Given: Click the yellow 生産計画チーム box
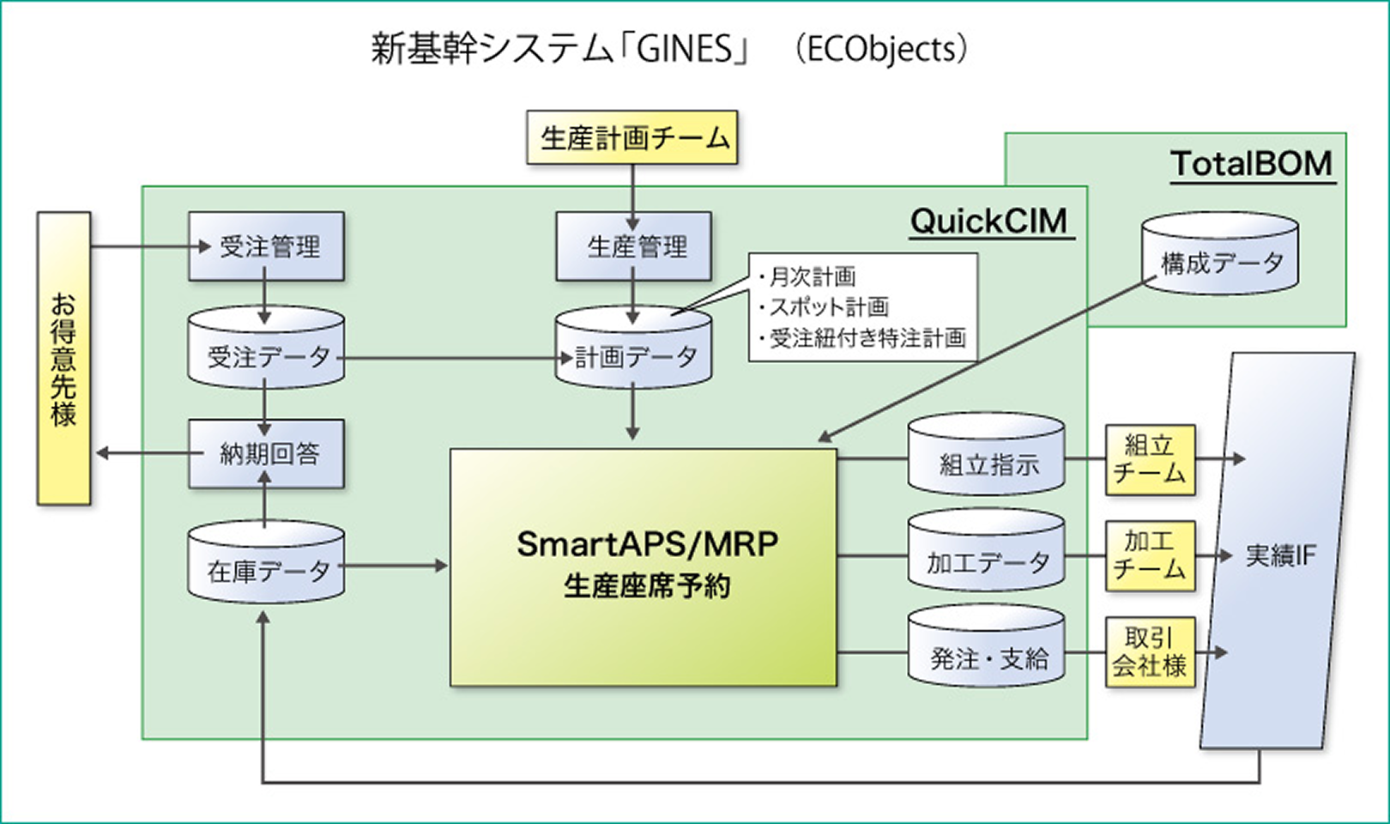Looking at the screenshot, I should [632, 137].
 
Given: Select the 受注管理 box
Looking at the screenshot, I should [266, 247].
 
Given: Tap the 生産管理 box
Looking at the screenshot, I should [634, 247].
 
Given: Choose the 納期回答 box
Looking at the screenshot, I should [266, 454].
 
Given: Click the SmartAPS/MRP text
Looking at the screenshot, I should [647, 544].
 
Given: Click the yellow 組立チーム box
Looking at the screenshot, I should [1150, 460].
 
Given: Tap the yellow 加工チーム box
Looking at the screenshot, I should [1150, 555].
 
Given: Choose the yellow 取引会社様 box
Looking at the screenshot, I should [1150, 652].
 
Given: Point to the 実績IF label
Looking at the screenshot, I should [1279, 556].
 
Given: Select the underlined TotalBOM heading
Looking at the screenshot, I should [1252, 164].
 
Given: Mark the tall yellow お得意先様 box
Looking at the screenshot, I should [63, 359].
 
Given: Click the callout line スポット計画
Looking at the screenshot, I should [828, 307].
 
